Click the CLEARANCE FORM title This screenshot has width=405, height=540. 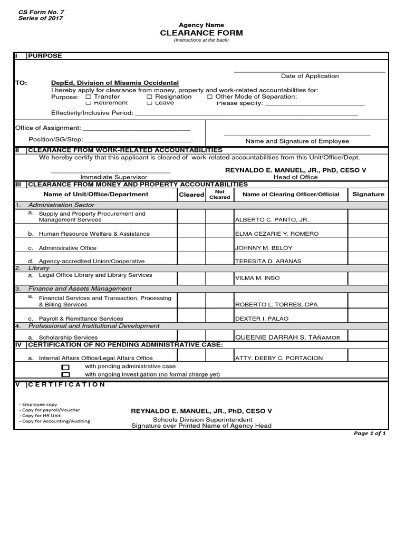[x=201, y=33]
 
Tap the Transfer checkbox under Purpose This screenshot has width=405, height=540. [x=88, y=97]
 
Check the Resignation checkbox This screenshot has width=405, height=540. [x=149, y=97]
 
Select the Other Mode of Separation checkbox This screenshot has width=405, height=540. [x=210, y=97]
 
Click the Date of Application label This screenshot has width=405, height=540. [x=310, y=76]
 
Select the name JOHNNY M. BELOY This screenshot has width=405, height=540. [x=264, y=248]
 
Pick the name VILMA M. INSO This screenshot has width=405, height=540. [x=257, y=278]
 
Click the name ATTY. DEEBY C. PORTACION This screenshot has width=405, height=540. [x=279, y=358]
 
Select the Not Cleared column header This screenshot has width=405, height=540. [x=219, y=194]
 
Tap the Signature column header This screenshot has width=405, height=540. [x=368, y=194]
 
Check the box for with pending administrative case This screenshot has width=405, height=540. [x=65, y=367]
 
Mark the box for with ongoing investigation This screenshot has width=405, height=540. [x=65, y=374]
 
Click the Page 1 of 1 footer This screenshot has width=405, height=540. [x=369, y=433]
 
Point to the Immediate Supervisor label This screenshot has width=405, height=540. [x=113, y=177]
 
